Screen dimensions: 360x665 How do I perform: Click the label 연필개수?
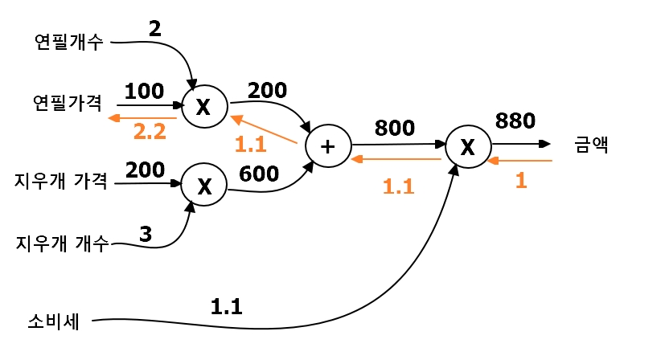click(68, 42)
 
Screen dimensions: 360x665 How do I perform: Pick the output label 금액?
click(593, 145)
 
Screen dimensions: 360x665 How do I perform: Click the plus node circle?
click(328, 146)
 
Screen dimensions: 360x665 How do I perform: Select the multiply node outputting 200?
click(203, 107)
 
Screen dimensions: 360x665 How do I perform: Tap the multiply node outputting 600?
click(204, 185)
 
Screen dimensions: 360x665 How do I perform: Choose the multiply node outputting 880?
click(467, 146)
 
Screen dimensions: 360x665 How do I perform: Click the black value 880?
click(515, 121)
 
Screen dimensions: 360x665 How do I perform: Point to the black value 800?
click(395, 127)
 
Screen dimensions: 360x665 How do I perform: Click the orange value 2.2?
click(149, 131)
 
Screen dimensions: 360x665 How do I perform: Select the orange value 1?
click(520, 180)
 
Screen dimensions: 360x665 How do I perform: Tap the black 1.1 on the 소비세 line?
click(227, 305)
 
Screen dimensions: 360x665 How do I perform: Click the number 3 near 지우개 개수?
click(146, 234)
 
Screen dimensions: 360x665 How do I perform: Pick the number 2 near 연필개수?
click(155, 29)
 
